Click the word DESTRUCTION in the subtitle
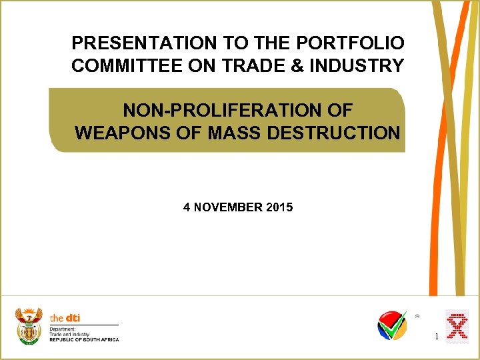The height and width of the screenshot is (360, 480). pos(333,133)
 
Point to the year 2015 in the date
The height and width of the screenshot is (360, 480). pos(279,207)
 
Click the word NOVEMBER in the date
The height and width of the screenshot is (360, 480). pos(227,207)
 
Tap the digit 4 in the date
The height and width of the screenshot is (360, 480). pos(187,207)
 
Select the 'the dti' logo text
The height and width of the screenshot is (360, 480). pos(65,318)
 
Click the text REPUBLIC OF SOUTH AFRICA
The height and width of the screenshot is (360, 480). pos(84,339)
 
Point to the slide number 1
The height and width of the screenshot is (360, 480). pos(437,337)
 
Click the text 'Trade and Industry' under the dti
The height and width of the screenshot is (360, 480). pos(69,334)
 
